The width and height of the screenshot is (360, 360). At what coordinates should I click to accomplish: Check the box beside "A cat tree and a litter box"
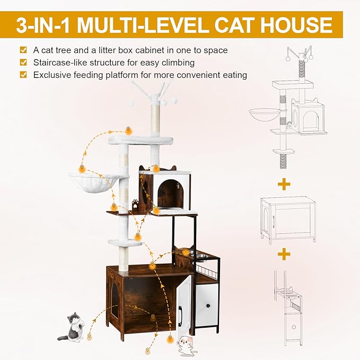23,50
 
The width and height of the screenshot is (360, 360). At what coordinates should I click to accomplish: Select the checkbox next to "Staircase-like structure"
23,62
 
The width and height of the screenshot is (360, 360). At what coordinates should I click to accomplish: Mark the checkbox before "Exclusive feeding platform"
23,75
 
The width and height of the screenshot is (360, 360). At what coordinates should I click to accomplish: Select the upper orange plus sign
285,184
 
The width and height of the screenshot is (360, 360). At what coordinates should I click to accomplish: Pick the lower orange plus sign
285,254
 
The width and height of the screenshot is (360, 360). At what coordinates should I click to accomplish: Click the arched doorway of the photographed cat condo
170,193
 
